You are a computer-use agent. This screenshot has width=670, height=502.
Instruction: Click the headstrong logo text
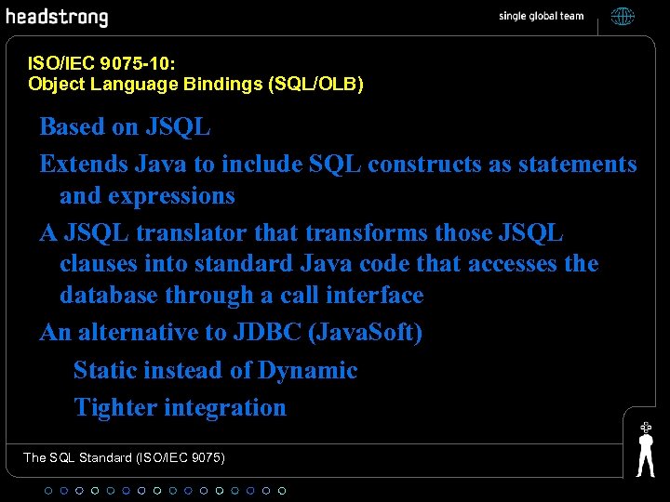(x=57, y=18)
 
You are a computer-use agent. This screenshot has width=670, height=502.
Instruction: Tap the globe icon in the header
(x=623, y=17)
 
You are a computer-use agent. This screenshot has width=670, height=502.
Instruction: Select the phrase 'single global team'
(x=541, y=17)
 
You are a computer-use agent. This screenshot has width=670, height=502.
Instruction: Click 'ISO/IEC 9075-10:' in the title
(x=102, y=64)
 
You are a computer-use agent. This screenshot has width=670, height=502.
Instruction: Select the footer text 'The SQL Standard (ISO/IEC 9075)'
(x=124, y=457)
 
